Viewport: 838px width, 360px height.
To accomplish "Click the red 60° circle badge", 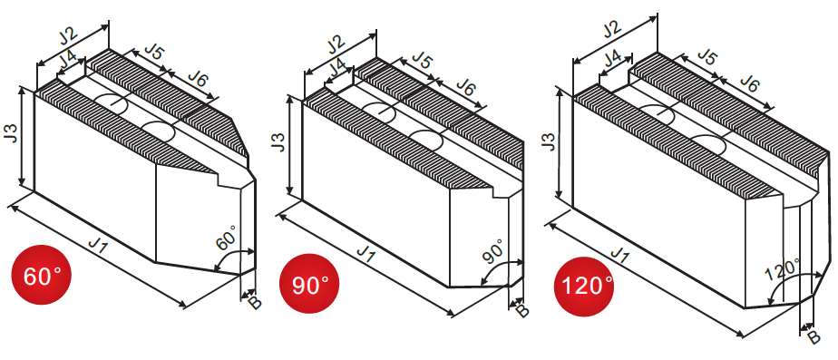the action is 41,275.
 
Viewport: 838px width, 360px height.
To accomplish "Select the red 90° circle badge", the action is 309,284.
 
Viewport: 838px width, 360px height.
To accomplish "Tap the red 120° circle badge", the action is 584,287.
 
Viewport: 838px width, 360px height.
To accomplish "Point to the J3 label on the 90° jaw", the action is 278,141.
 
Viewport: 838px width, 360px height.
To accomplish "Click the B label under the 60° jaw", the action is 255,303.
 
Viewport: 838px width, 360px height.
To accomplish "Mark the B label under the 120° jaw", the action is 813,337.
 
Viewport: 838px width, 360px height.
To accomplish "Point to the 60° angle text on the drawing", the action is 225,238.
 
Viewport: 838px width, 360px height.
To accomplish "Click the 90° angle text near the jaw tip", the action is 492,250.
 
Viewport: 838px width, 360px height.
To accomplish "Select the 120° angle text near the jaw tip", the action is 782,269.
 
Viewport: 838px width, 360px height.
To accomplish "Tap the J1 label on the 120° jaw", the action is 619,256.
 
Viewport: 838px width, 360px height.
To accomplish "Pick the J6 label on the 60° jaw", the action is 197,79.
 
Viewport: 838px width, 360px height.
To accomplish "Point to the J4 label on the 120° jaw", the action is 613,58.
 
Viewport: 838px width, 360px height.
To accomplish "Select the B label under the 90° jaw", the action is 522,311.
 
